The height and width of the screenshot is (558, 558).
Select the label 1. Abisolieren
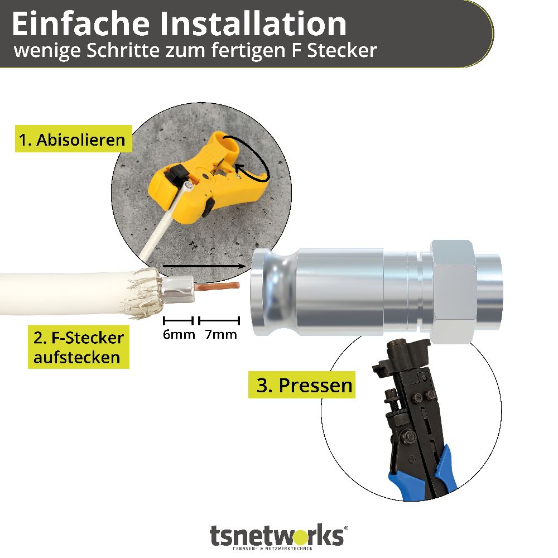click(x=73, y=139)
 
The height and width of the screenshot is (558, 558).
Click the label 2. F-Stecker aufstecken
click(x=78, y=347)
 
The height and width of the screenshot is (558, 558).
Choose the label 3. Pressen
click(x=301, y=384)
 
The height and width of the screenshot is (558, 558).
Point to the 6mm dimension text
click(x=179, y=334)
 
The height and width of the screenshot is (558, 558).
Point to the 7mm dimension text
click(x=221, y=334)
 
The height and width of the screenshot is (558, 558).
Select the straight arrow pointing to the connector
click(x=204, y=266)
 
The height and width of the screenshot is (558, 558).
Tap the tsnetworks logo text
click(x=277, y=536)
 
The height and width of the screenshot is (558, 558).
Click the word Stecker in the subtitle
click(x=341, y=50)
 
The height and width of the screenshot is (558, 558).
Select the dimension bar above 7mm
click(x=219, y=321)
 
